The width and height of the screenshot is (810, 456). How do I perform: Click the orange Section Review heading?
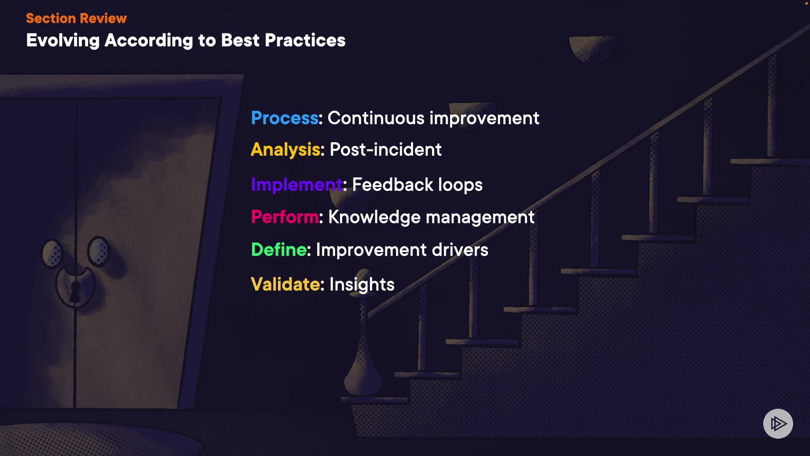pyautogui.click(x=76, y=18)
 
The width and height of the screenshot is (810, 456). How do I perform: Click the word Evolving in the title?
pyautogui.click(x=63, y=41)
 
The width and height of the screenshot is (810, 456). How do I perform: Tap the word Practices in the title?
pyautogui.click(x=305, y=40)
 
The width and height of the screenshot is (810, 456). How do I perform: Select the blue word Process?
pyautogui.click(x=285, y=118)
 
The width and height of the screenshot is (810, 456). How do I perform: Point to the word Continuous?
pyautogui.click(x=376, y=118)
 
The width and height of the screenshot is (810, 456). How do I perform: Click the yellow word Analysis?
pyautogui.click(x=286, y=150)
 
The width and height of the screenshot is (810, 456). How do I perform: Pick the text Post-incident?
pyautogui.click(x=386, y=150)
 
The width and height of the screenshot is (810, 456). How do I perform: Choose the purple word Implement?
pyautogui.click(x=297, y=185)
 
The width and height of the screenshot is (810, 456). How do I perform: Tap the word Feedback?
pyautogui.click(x=393, y=185)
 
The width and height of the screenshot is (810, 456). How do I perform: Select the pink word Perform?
pyautogui.click(x=285, y=217)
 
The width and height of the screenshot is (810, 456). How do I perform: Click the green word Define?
pyautogui.click(x=279, y=250)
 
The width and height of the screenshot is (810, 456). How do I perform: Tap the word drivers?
pyautogui.click(x=460, y=250)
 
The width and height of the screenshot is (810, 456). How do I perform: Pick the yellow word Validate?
pyautogui.click(x=285, y=284)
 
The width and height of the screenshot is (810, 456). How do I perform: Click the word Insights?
pyautogui.click(x=362, y=285)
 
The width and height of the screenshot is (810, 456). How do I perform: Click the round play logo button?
pyautogui.click(x=778, y=423)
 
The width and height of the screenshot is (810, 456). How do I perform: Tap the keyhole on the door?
pyautogui.click(x=75, y=291)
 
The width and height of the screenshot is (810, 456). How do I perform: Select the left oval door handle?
pyautogui.click(x=52, y=253)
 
